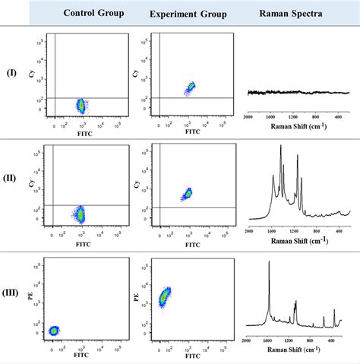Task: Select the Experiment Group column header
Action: coord(188,14)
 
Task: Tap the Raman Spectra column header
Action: coord(298,14)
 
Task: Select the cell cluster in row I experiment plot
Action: coord(190,88)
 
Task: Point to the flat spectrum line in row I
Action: coord(298,92)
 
